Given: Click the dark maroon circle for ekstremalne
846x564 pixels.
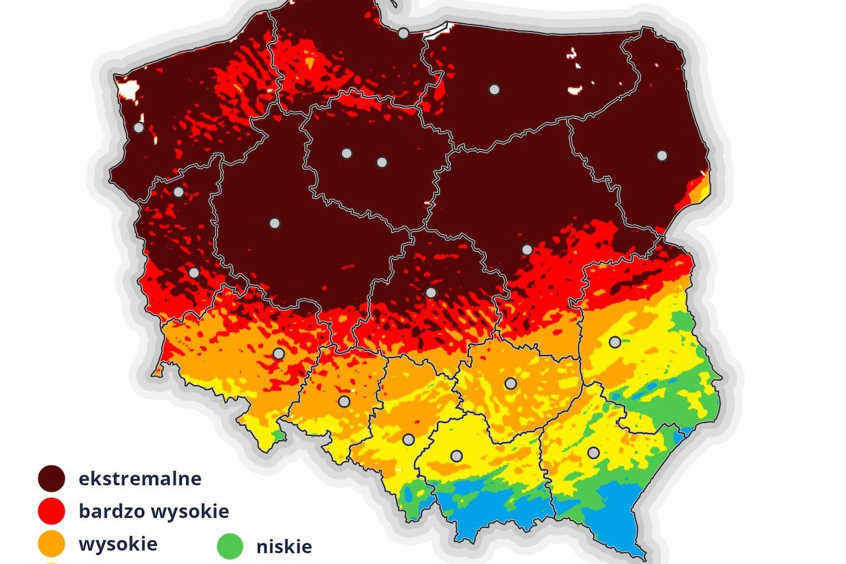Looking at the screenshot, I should [51, 479].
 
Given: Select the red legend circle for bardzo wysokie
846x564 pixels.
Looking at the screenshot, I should [51, 511].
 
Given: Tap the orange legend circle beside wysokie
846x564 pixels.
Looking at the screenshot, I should [51, 544].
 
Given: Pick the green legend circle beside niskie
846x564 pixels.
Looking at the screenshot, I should [229, 546].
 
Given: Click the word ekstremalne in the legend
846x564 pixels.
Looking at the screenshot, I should [139, 479].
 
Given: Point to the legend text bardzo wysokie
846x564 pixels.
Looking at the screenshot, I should [154, 511].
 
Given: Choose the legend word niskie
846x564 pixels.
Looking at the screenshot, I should [284, 546].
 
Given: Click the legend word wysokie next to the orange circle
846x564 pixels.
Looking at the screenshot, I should [118, 544].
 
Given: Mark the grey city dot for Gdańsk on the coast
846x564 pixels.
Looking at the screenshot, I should [404, 33].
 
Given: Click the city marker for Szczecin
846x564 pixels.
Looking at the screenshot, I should [139, 128].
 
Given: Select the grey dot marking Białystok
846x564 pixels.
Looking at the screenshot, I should [662, 156].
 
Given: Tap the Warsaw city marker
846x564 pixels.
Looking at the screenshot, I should [527, 249].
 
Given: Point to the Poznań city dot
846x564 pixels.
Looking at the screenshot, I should [274, 223].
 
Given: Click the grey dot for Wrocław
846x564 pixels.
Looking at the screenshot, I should [279, 354].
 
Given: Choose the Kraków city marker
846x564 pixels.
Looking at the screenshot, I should [457, 456].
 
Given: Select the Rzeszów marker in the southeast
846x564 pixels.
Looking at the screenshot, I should [593, 452].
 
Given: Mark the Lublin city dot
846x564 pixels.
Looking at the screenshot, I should [614, 341].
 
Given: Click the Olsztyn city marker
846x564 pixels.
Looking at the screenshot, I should [494, 89].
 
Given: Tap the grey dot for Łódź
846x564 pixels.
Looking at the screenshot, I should [430, 292].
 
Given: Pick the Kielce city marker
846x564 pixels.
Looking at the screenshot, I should [511, 384].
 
